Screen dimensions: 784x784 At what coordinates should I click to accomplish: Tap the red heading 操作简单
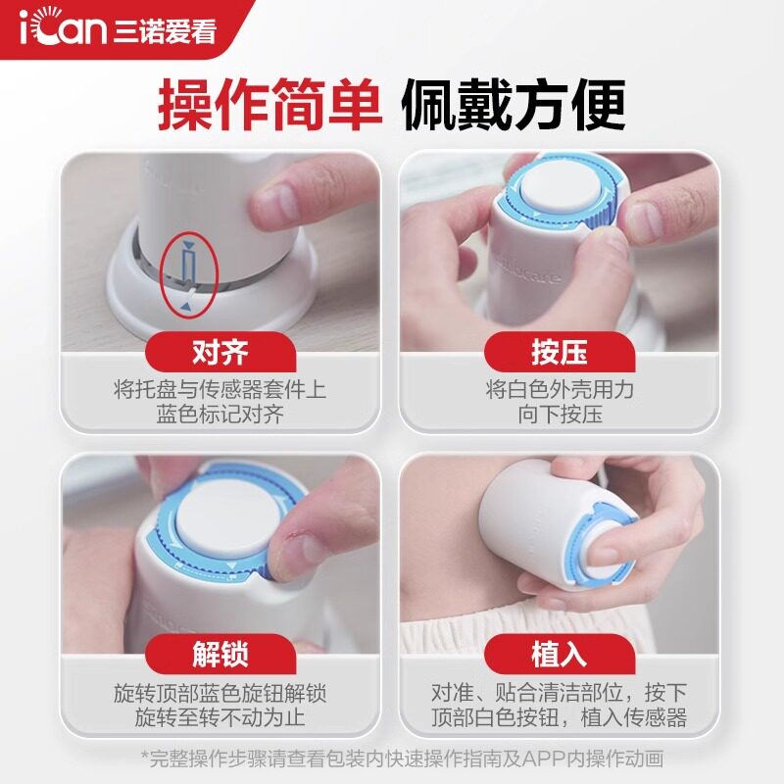[x=270, y=106]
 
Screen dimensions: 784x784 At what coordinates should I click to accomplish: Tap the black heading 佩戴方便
[x=514, y=106]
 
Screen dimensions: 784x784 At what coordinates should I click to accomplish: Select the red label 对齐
[x=220, y=352]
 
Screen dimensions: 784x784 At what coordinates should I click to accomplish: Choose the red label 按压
[x=560, y=352]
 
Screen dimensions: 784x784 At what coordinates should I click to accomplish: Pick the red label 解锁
[x=220, y=654]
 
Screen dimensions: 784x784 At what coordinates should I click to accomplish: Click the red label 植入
[x=560, y=654]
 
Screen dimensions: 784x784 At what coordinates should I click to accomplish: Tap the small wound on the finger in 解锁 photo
[x=290, y=538]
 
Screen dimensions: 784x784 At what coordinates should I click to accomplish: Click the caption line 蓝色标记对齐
[x=220, y=415]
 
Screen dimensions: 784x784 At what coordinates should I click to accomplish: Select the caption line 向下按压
[x=560, y=415]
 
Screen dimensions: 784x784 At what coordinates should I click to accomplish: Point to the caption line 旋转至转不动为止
[x=220, y=717]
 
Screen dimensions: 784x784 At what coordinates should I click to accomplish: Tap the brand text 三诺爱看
[x=165, y=30]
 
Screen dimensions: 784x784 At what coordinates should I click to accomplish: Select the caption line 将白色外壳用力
[x=560, y=389]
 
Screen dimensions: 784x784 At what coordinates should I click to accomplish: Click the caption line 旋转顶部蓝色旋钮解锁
[x=220, y=693]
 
